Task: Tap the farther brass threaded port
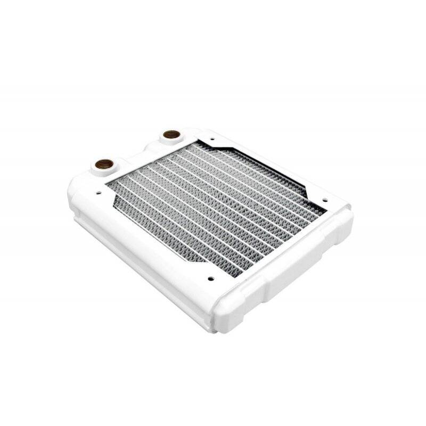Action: [171, 134]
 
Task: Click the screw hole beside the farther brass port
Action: [212, 140]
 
